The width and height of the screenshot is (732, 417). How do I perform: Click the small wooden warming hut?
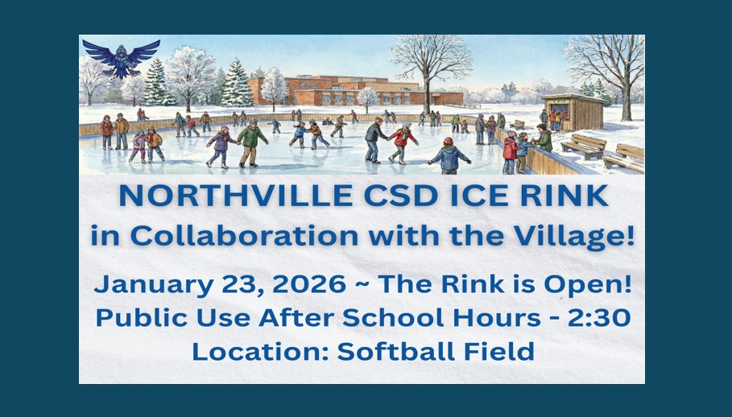[573, 112]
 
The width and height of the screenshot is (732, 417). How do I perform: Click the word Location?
[257, 351]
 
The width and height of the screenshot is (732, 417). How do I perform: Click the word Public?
[135, 318]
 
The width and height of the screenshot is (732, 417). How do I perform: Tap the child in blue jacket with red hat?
[449, 155]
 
